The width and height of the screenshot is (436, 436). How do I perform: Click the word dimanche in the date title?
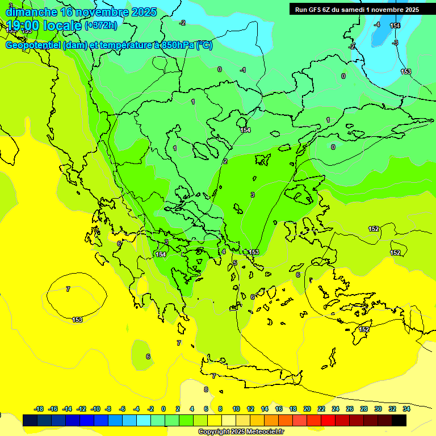pos(31,12)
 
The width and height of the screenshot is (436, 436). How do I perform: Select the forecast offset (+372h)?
pos(101,26)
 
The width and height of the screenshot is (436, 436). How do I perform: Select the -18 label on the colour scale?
pos(39,409)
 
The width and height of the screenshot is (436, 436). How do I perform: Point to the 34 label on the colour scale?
pos(406,409)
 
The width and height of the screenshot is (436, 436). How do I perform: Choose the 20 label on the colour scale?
pos(307,409)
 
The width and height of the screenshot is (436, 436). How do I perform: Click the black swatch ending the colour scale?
pos(399,420)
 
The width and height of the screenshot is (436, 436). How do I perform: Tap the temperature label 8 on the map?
pos(206,389)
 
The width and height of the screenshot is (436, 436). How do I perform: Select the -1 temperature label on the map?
pos(243,70)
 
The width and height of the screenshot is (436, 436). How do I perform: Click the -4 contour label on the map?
pos(377,24)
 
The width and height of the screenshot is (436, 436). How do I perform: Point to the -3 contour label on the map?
pos(395,43)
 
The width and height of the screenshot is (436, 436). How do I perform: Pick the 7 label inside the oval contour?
pos(68,289)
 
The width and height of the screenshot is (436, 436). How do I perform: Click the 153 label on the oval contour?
pos(77,320)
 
